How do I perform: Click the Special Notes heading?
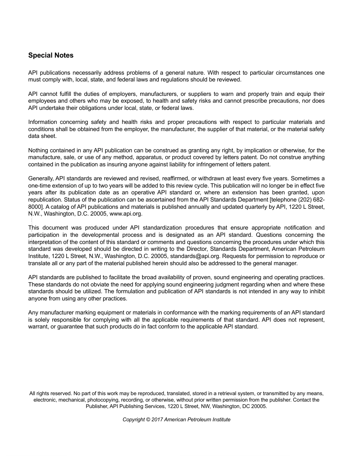(51, 55)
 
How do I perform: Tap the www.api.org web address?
(126, 214)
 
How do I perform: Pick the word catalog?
(56, 207)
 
